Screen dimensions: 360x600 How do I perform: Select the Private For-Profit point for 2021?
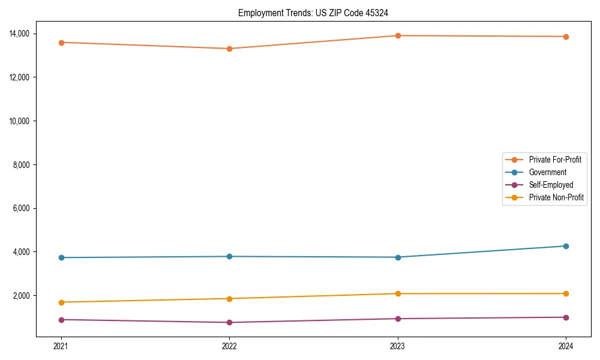(61, 43)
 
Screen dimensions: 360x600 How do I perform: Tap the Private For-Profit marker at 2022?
(229, 49)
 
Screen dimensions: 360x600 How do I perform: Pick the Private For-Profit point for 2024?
(566, 37)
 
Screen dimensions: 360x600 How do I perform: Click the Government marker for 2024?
(566, 246)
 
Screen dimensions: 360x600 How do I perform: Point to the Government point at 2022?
(229, 257)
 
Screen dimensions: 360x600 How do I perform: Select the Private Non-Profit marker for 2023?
(398, 293)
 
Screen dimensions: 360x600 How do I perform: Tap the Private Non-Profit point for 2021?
(61, 302)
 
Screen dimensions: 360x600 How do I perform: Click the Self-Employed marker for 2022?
(229, 322)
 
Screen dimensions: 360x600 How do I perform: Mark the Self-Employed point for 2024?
(566, 317)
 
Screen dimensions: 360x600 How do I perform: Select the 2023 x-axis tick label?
(398, 346)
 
